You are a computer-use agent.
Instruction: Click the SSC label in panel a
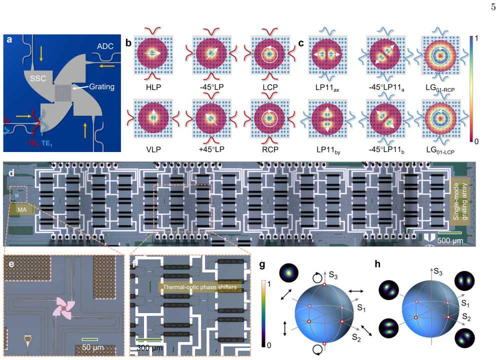[38, 78]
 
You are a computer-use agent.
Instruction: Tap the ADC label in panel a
[105, 46]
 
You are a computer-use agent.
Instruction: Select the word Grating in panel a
[101, 86]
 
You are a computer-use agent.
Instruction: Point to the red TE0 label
[33, 143]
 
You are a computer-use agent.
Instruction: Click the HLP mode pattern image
[153, 54]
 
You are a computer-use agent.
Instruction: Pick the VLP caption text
[153, 149]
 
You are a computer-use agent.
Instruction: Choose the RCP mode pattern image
[270, 118]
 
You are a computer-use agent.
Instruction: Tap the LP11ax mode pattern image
[327, 54]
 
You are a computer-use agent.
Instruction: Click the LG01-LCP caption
[440, 150]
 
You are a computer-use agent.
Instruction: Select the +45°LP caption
[211, 149]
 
